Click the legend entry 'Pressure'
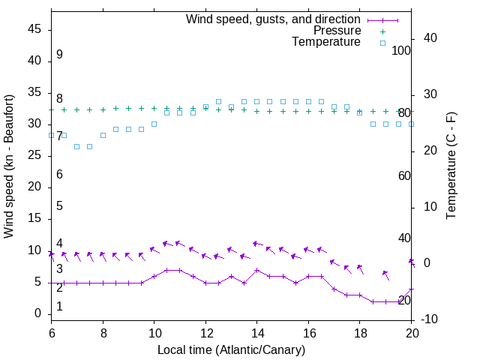click(x=336, y=31)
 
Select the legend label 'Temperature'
click(x=326, y=42)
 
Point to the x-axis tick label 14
click(x=256, y=332)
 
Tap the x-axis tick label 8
click(x=103, y=332)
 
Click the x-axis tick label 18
click(x=359, y=332)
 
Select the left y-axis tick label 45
click(x=34, y=29)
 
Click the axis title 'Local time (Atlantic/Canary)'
click(x=232, y=349)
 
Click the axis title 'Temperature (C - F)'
click(x=451, y=166)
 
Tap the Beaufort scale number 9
click(x=59, y=55)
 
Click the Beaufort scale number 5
click(x=59, y=205)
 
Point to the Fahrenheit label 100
click(x=402, y=50)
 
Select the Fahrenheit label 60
click(x=404, y=175)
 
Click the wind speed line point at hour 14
click(x=256, y=270)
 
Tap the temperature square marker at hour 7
click(x=76, y=146)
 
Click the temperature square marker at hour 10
click(x=154, y=124)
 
